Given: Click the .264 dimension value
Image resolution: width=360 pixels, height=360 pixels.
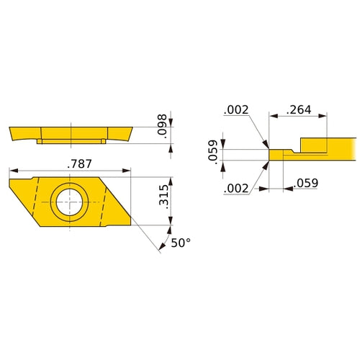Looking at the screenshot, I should pyautogui.click(x=298, y=110).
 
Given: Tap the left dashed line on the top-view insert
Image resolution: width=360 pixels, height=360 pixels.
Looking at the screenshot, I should pyautogui.click(x=35, y=198).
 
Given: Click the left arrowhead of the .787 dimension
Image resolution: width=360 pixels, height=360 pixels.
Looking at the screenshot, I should pyautogui.click(x=12, y=171).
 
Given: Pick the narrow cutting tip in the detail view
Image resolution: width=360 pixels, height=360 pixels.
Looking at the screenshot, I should pyautogui.click(x=278, y=153).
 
